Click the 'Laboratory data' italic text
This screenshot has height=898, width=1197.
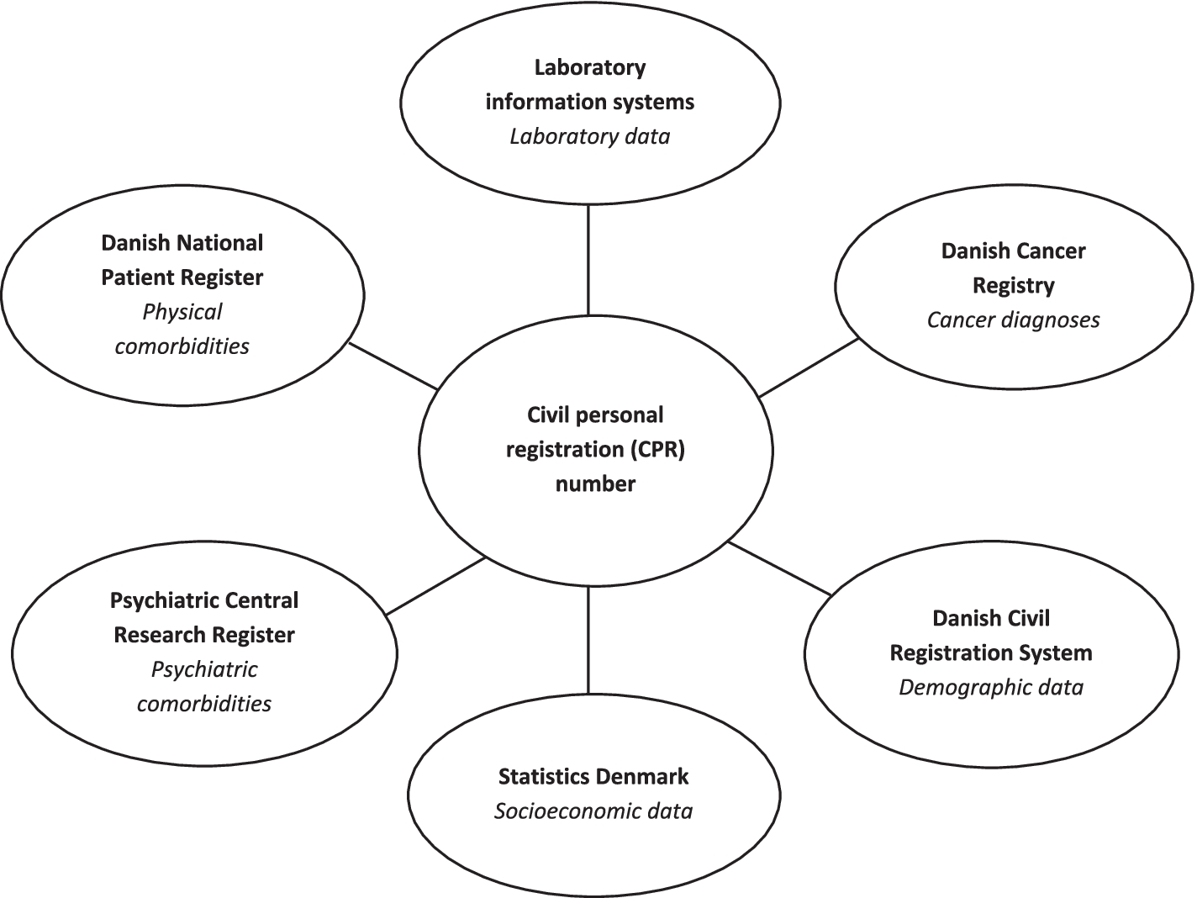point(590,136)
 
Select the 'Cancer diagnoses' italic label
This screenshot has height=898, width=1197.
point(1013,320)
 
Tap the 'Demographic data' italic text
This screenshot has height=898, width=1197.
point(991,687)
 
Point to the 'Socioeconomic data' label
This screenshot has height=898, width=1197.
point(593,811)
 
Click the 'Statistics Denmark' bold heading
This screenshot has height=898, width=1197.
point(593,776)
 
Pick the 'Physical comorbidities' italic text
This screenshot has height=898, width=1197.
point(182,329)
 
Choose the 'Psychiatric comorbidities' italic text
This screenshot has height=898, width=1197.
point(204,686)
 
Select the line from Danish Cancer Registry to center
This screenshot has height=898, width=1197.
point(809,367)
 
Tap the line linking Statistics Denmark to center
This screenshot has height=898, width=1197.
point(588,639)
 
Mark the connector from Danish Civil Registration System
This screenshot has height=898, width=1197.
point(780,569)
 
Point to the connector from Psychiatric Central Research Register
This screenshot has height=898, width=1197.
point(435,586)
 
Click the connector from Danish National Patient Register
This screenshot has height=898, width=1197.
point(393,366)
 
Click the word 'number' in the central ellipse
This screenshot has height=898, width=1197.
point(595,483)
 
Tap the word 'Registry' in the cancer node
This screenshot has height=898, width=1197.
point(1013,285)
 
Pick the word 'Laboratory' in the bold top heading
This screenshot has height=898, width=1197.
point(590,67)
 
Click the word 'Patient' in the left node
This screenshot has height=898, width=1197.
point(134,277)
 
